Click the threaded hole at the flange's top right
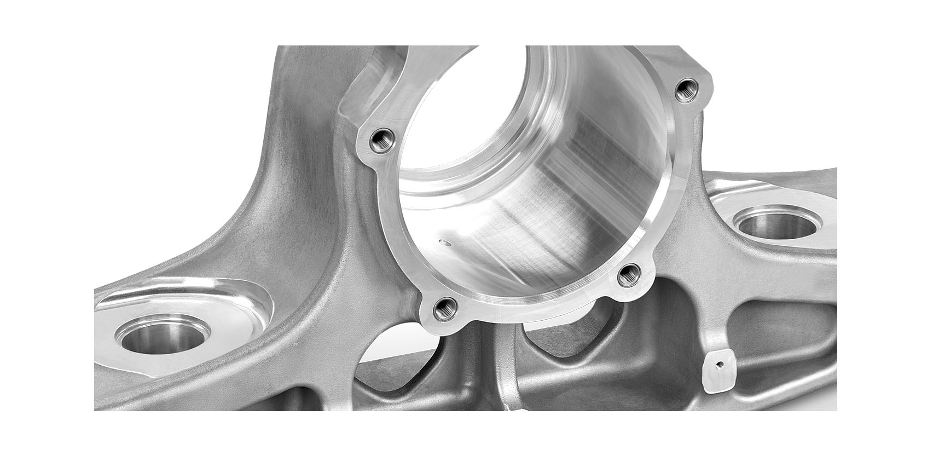pos(683,90)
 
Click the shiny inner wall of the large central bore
pos(547,181)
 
